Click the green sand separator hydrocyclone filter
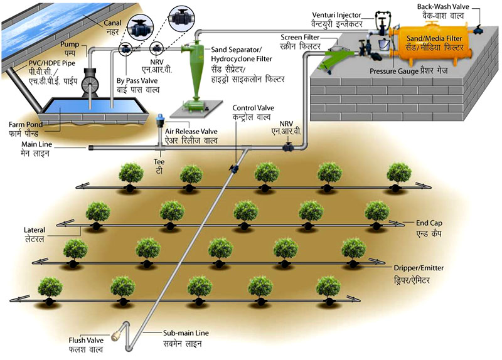pyautogui.click(x=191, y=63)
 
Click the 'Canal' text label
pyautogui.click(x=113, y=21)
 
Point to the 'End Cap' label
pyautogui.click(x=429, y=222)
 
